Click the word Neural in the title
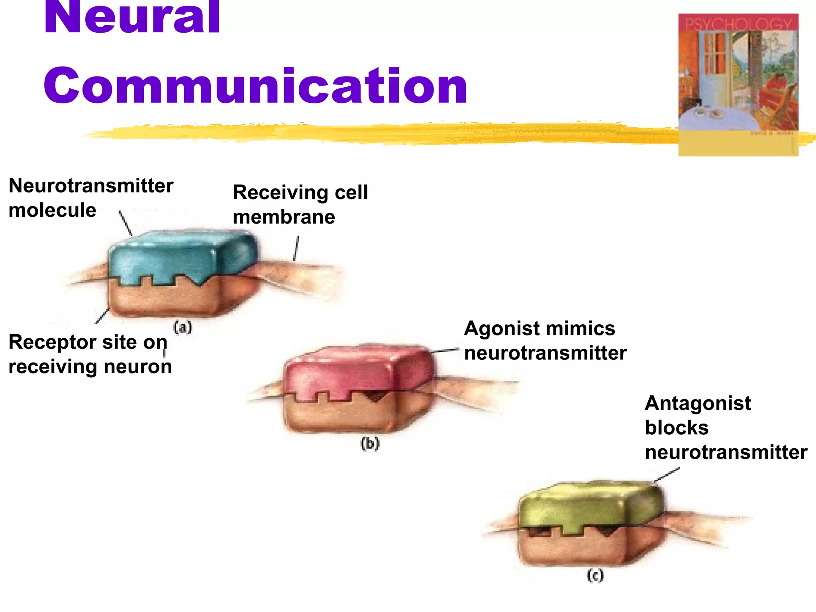(x=131, y=18)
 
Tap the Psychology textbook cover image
(x=738, y=84)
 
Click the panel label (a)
(x=183, y=328)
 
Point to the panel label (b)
(x=370, y=443)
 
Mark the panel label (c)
(x=595, y=576)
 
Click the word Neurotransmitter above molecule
(x=91, y=186)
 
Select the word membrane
(x=284, y=217)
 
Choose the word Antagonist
(x=698, y=403)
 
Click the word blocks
(x=677, y=428)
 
